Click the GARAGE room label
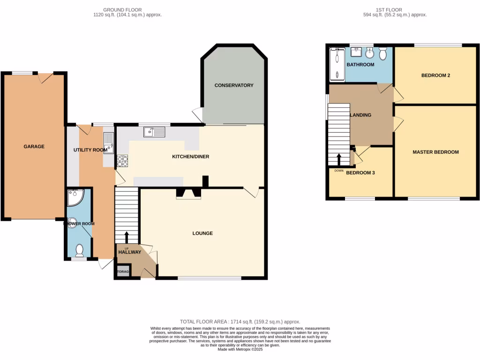click(34, 147)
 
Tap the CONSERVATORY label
click(234, 85)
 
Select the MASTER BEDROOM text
click(435, 152)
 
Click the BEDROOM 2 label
click(435, 75)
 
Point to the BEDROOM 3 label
click(360, 172)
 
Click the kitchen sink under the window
click(155, 132)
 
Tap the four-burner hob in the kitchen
click(122, 161)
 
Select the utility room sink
click(108, 142)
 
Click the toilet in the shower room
click(79, 251)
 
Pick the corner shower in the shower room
click(74, 198)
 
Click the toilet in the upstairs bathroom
click(383, 54)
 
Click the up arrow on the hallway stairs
click(126, 237)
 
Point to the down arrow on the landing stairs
click(338, 159)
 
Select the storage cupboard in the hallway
click(123, 271)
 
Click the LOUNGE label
click(202, 233)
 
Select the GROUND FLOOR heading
click(122, 9)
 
